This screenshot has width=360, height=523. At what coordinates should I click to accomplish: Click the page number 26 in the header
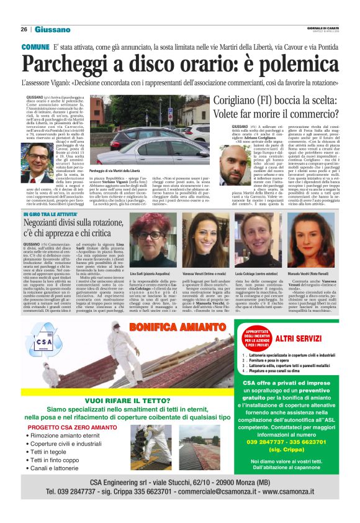click(x=24, y=29)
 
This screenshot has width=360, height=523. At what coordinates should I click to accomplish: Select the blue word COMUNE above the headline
click(x=35, y=47)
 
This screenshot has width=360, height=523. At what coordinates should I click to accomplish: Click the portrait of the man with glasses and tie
click(x=39, y=163)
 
